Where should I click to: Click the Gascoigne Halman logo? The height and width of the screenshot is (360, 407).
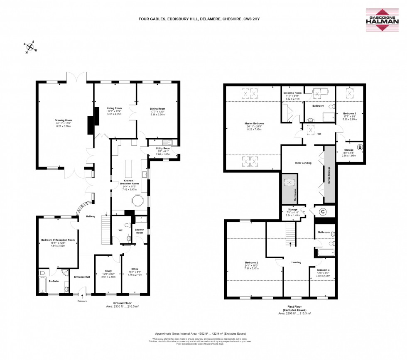tap(381, 20)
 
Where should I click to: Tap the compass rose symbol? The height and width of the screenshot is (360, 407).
tap(30, 47)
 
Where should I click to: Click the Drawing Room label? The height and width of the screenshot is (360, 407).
tap(65, 120)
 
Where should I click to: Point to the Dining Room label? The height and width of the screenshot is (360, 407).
tap(158, 109)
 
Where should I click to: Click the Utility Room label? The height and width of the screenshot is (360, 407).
tap(164, 148)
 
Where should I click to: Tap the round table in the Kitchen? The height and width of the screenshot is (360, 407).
tap(137, 201)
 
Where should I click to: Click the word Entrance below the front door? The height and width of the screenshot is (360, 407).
tap(82, 301)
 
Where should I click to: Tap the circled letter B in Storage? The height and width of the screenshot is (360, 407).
tap(360, 147)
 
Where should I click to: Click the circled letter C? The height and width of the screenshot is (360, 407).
tap(322, 211)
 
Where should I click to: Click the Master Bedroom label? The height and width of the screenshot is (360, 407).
tap(254, 124)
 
